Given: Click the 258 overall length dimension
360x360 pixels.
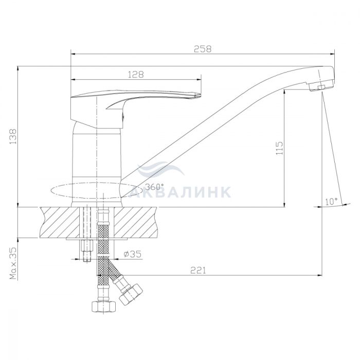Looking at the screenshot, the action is coord(203,49).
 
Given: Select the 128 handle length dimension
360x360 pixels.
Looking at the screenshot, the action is coord(136,75).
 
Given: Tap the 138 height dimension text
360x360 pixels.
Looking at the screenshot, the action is coord(13,136).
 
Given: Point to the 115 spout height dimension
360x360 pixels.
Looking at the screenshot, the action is coord(279,148).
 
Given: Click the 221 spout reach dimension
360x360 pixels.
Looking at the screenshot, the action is coord(198,270).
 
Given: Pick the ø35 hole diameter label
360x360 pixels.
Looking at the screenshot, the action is coord(132,254).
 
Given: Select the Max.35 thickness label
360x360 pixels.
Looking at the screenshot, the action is coord(13,263).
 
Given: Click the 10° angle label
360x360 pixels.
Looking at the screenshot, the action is coord(331,202).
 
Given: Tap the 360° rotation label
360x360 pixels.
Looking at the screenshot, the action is coord(155,187).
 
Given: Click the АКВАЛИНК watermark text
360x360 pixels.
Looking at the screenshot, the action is coord(180,192).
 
